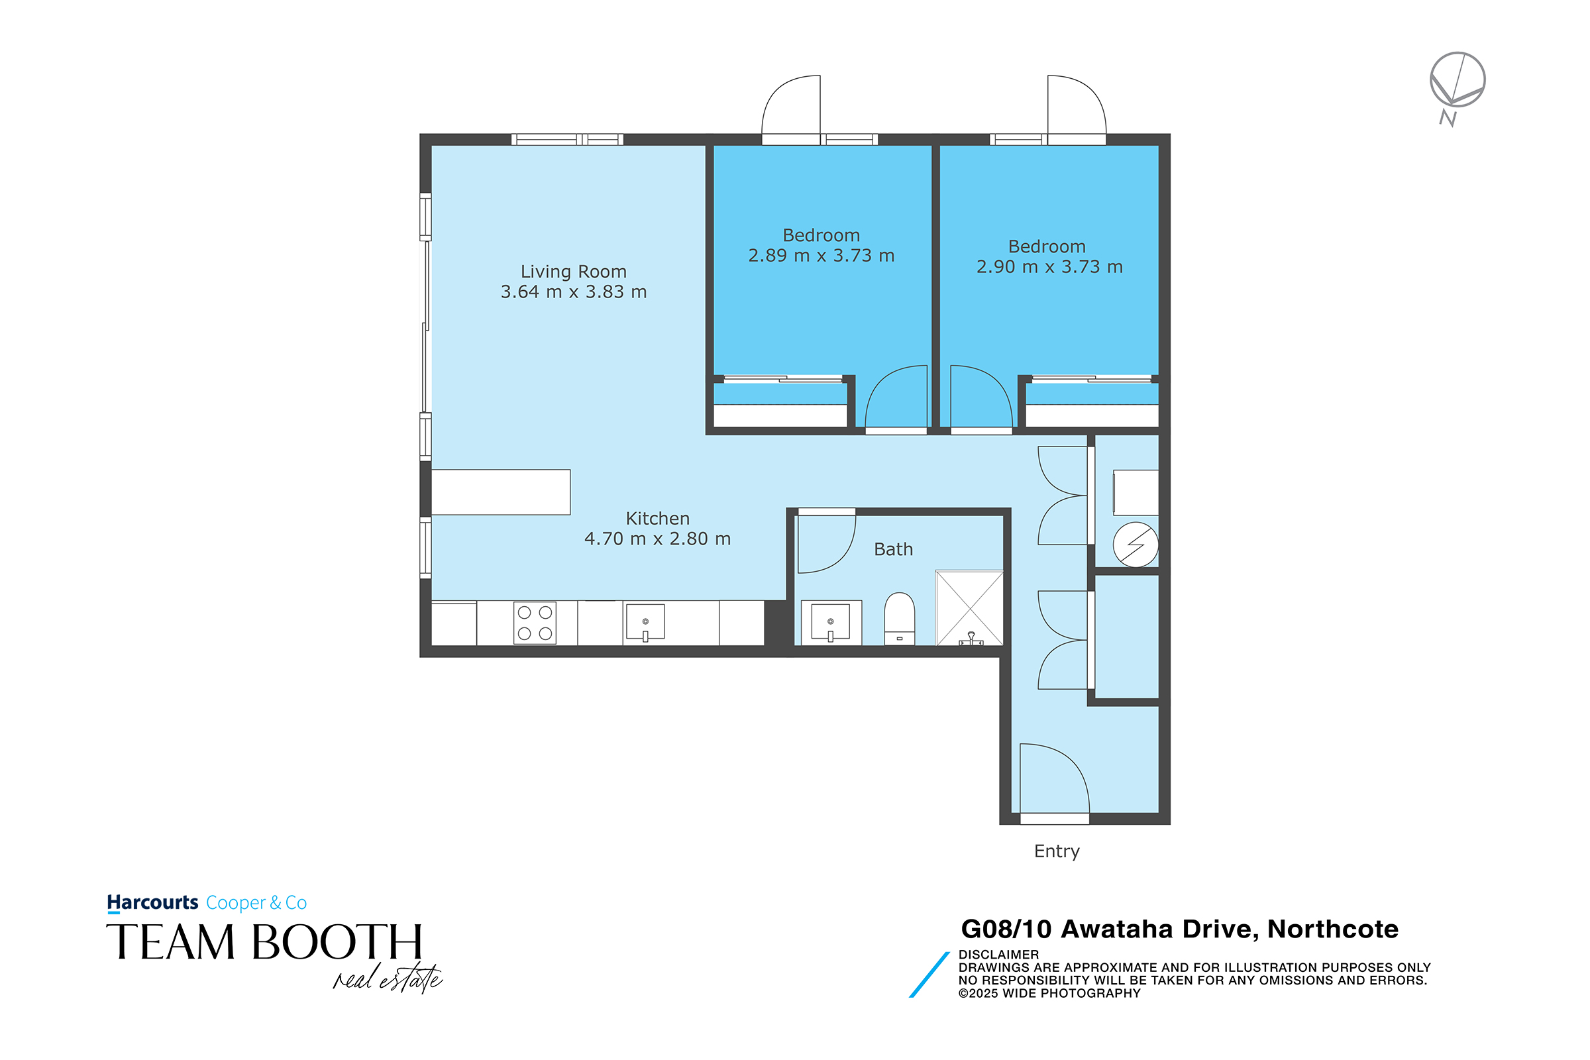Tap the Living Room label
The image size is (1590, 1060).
(x=573, y=272)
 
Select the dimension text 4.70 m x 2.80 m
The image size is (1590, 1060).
(x=657, y=539)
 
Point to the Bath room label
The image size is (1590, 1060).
(x=893, y=549)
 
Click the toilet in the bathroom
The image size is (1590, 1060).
(x=899, y=619)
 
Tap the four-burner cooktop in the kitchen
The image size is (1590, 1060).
(x=535, y=623)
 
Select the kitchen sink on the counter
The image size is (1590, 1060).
(x=645, y=622)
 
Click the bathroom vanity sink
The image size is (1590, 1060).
(x=831, y=623)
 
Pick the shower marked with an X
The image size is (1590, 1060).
(x=969, y=608)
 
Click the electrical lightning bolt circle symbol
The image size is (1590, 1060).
(x=1136, y=544)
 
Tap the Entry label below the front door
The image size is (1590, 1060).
(x=1057, y=851)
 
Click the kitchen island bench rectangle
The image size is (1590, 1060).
(x=501, y=492)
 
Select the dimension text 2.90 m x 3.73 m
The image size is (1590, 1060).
(x=1049, y=267)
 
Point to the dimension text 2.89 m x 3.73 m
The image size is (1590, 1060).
(x=821, y=256)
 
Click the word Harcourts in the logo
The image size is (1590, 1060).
(x=153, y=902)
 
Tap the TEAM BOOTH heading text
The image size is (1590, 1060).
(x=264, y=942)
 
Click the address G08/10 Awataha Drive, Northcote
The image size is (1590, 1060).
(x=1180, y=929)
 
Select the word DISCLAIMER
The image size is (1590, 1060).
(x=998, y=955)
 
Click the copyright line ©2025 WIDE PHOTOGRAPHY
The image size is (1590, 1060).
(x=1049, y=993)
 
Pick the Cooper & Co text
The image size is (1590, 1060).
(x=256, y=902)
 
